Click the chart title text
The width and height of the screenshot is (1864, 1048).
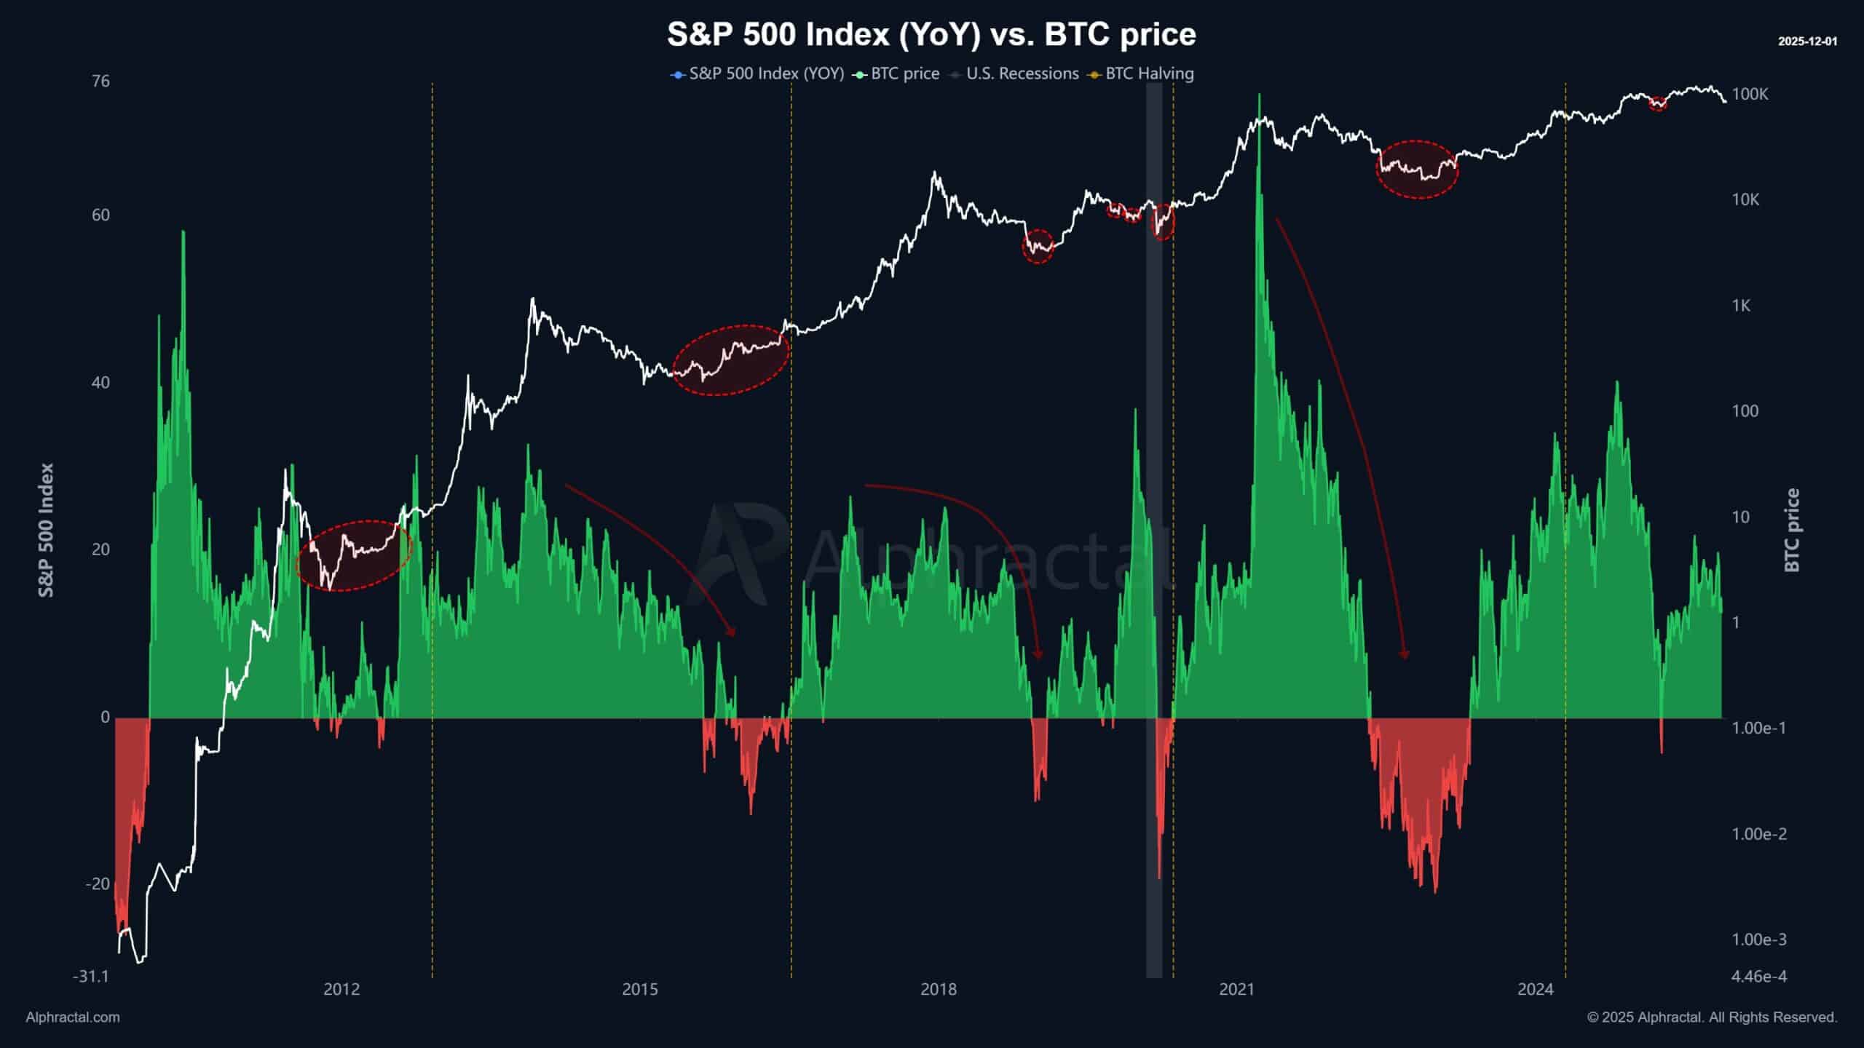[931, 35]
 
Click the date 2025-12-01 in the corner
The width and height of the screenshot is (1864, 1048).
[1807, 41]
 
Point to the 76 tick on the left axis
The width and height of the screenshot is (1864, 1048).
[101, 81]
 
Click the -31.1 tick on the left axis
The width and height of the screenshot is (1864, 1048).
[91, 976]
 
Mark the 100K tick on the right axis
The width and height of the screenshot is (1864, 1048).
[1750, 94]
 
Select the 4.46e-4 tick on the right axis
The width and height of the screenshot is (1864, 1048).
[1758, 976]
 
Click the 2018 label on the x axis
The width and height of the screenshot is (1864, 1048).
[939, 990]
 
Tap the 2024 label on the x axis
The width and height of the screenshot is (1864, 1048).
[1536, 990]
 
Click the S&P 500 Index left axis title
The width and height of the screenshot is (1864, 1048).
[47, 530]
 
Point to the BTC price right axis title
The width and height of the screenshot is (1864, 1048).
[1792, 530]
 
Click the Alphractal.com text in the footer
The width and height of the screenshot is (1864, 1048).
[73, 1017]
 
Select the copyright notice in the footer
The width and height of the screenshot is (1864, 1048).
[1712, 1017]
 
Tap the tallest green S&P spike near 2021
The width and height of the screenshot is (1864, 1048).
[1259, 102]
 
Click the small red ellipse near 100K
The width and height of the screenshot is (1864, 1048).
[1658, 103]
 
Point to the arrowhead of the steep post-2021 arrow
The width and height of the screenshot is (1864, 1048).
[1405, 654]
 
